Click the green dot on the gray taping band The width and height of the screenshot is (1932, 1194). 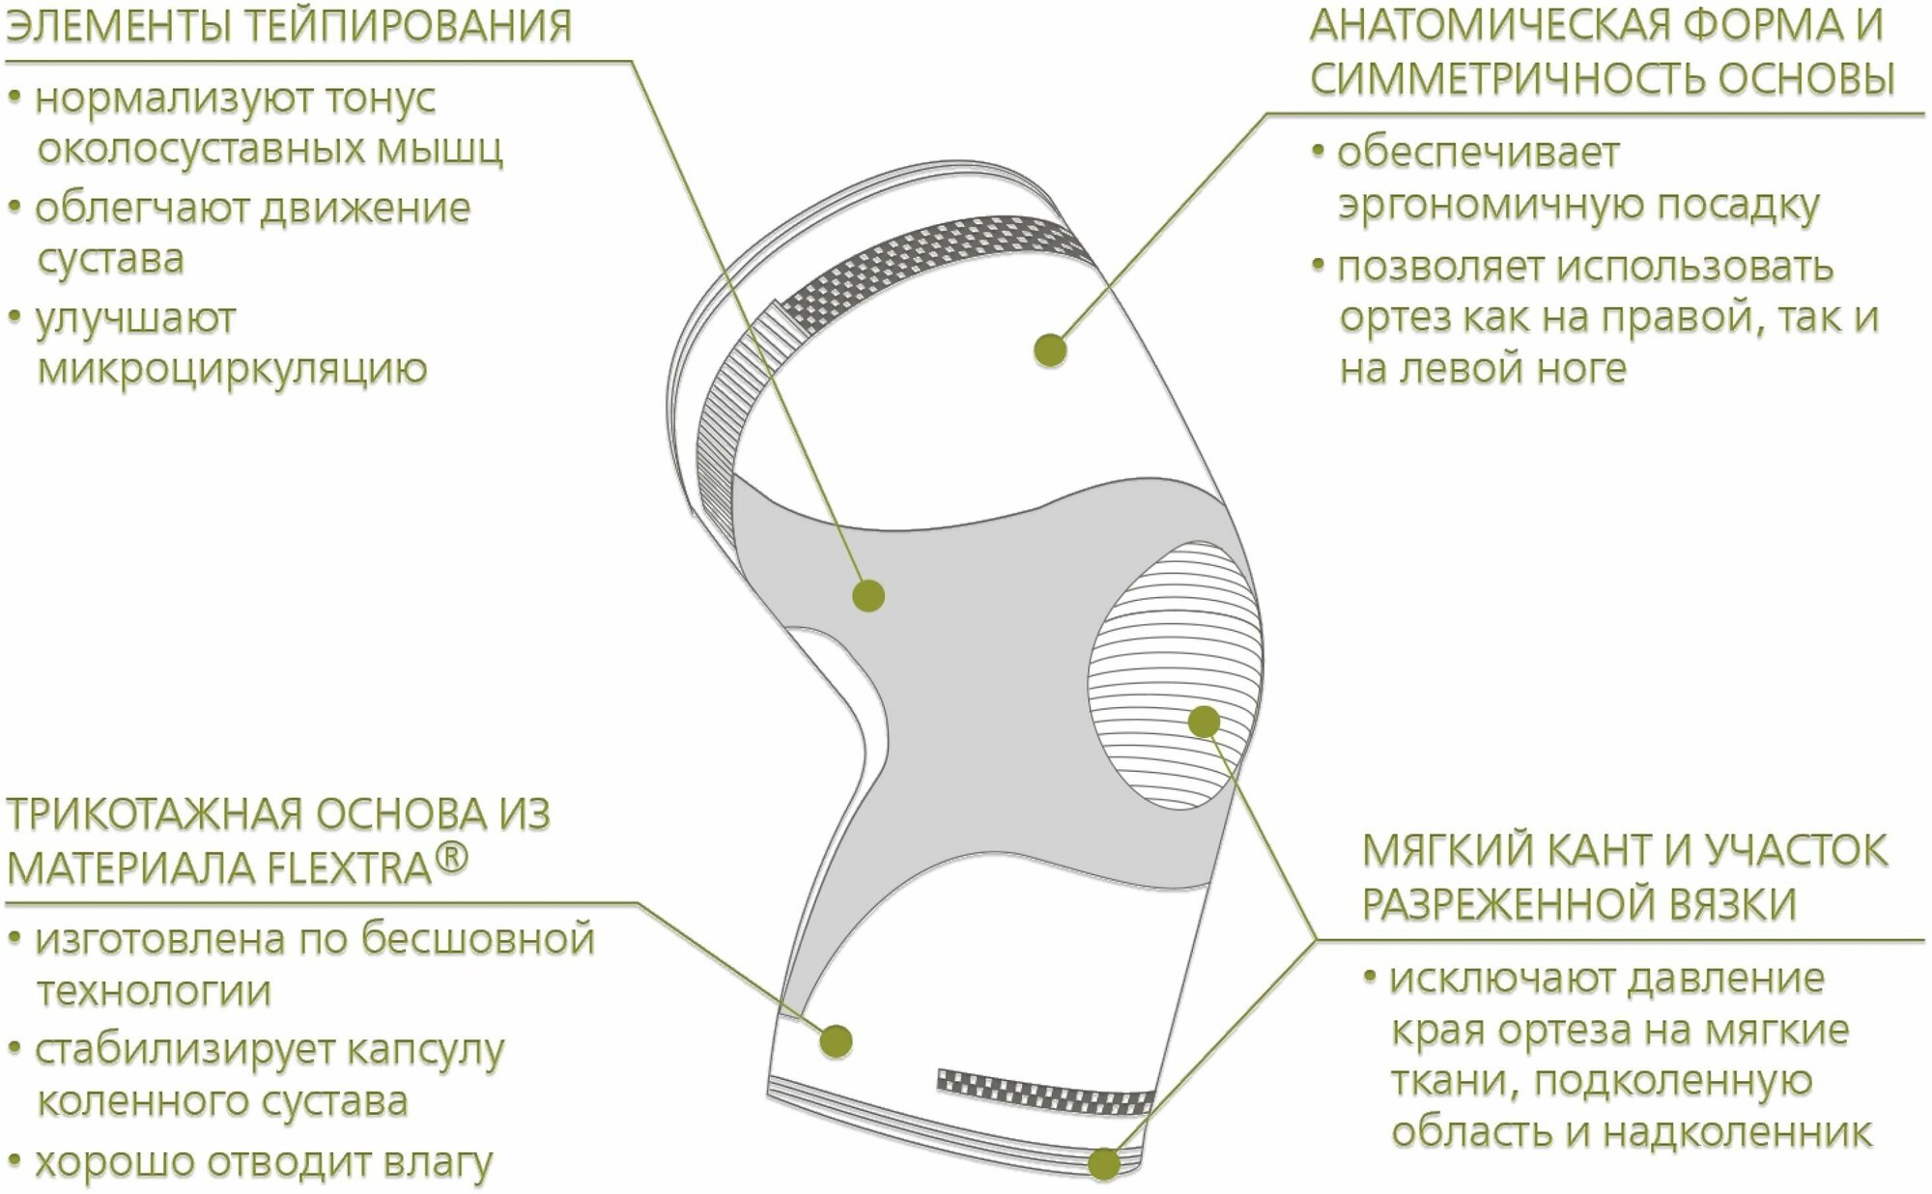[x=868, y=595]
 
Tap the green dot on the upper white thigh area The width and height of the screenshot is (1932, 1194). [x=1050, y=350]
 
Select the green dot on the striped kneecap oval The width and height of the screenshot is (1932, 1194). [x=1204, y=722]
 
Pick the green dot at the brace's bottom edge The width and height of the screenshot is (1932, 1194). [x=1104, y=1164]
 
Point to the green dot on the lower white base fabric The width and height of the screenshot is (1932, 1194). [x=837, y=1040]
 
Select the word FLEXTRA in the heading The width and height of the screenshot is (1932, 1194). [x=348, y=868]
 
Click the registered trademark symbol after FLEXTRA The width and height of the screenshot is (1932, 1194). [x=452, y=858]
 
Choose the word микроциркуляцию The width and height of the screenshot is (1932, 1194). [x=232, y=369]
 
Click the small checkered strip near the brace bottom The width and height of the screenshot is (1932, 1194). [x=1046, y=1090]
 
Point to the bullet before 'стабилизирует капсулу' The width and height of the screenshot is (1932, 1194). [x=15, y=1049]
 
